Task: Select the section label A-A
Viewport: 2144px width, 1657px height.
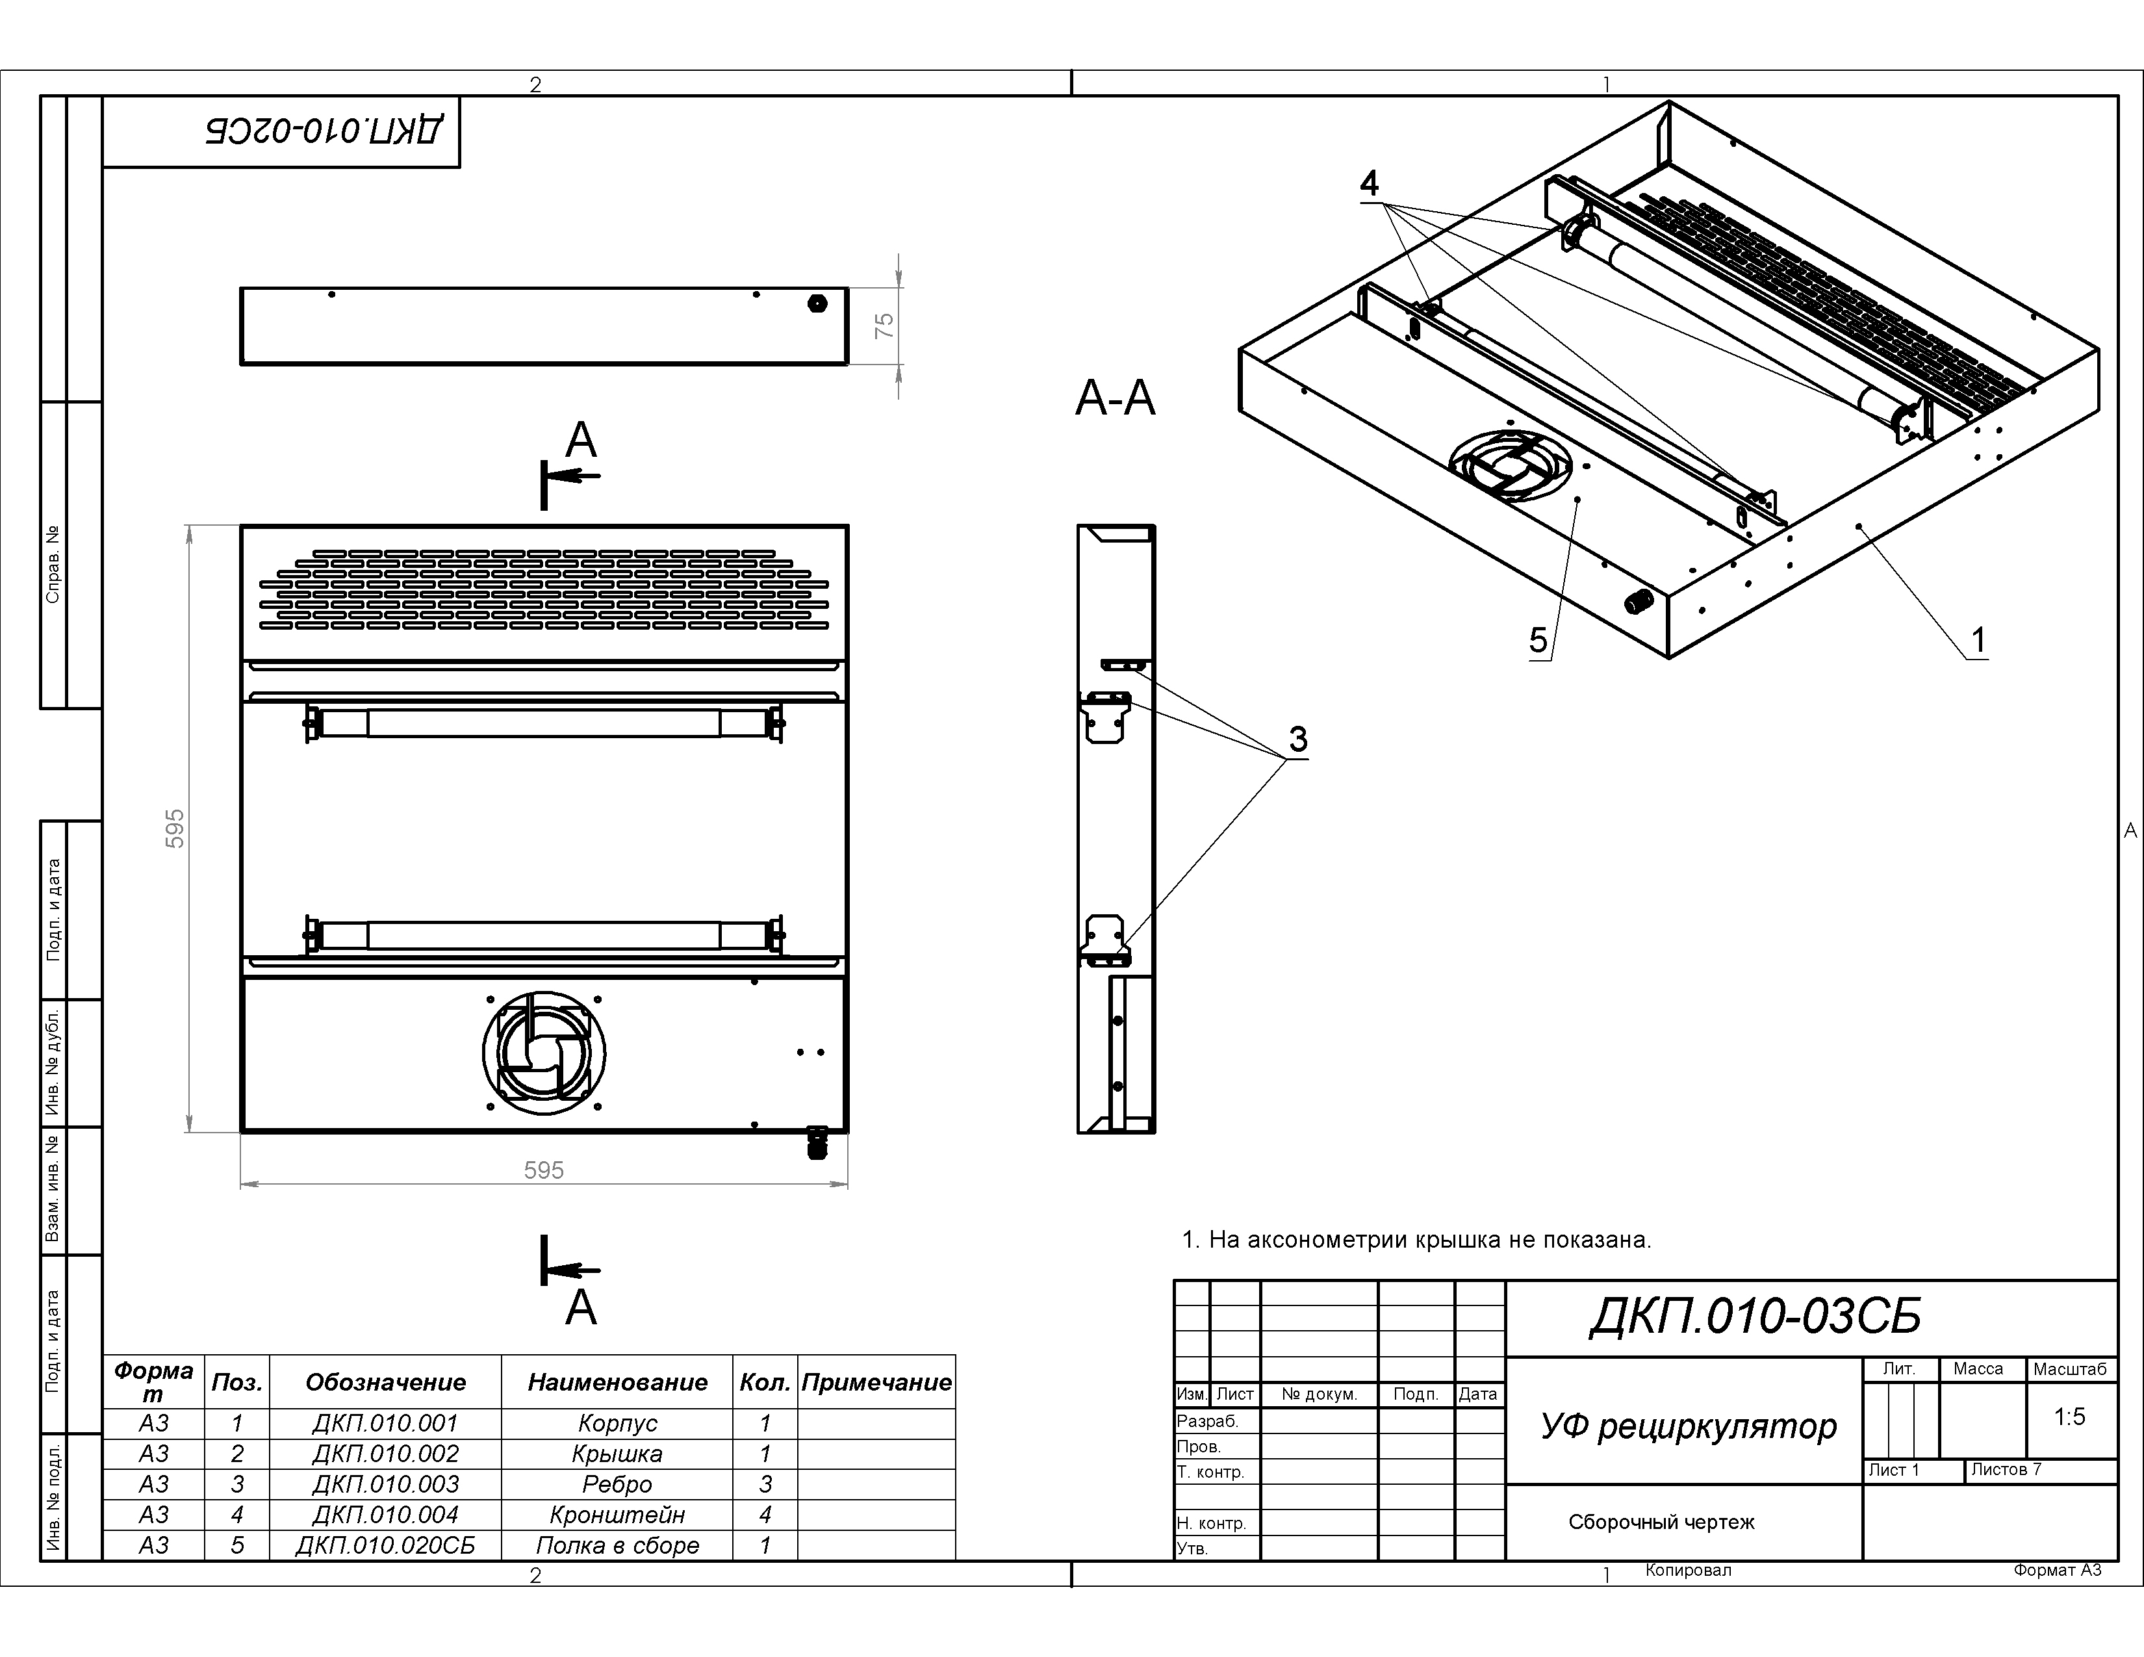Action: coord(1115,398)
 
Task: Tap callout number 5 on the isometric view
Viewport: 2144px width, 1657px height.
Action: coord(1538,641)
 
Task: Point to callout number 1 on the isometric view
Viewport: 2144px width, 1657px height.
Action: coord(1978,640)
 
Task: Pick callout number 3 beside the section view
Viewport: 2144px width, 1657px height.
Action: coord(1298,739)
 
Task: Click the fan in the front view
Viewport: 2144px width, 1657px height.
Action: coord(544,1052)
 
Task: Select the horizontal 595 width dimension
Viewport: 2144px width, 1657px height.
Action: coord(544,1170)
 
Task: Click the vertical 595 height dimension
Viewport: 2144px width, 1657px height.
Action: coord(175,828)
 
